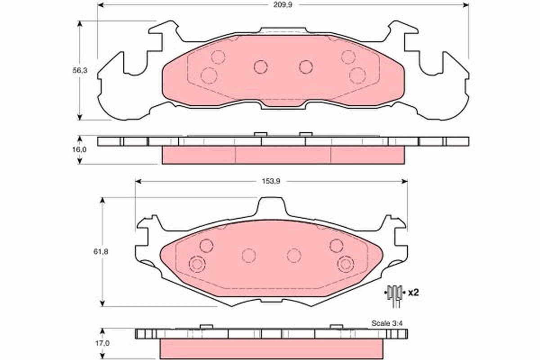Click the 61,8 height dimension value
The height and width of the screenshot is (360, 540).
[x=103, y=252]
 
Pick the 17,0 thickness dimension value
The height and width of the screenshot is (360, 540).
[x=103, y=343]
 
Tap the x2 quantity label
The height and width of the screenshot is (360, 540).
[x=413, y=292]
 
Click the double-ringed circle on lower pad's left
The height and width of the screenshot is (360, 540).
[x=197, y=264]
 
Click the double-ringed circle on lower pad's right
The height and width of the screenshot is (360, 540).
[x=346, y=264]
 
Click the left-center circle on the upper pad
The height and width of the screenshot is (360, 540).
[x=261, y=67]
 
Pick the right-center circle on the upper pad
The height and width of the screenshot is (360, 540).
[x=306, y=67]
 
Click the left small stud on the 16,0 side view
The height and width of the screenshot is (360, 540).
[x=261, y=134]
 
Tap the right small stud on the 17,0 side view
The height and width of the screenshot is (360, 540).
[x=336, y=326]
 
